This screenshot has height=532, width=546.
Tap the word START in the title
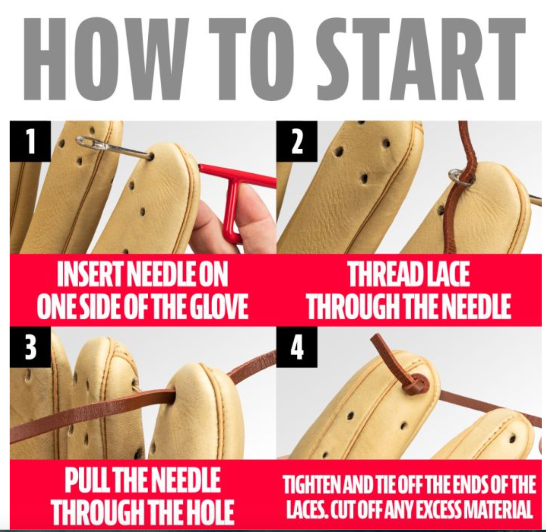click(421, 59)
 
